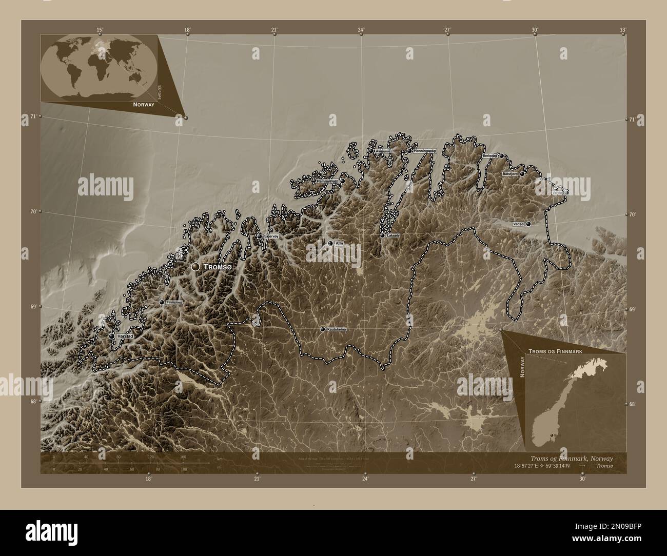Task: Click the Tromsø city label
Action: coord(218,267)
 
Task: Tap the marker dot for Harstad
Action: coord(112,336)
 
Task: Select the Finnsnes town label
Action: coord(174,303)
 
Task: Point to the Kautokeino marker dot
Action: coord(322,329)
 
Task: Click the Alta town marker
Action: coord(330,244)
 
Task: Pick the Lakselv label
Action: coord(394,235)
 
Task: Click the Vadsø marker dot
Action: coord(527,224)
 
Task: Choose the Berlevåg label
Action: coord(489,155)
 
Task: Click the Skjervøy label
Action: coord(270,236)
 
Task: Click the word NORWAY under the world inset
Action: coord(143,104)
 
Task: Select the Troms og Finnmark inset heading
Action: coord(554,350)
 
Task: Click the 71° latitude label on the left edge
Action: coord(33,117)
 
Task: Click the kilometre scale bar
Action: coord(131,463)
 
